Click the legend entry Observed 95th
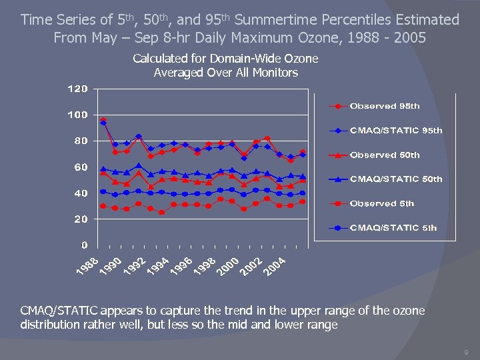point(384,106)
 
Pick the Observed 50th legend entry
point(384,155)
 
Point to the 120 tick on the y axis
point(77,89)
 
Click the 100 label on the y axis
point(77,115)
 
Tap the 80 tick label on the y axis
point(80,141)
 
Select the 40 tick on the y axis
point(80,193)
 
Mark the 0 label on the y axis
point(84,245)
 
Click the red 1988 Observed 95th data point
point(103,121)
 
